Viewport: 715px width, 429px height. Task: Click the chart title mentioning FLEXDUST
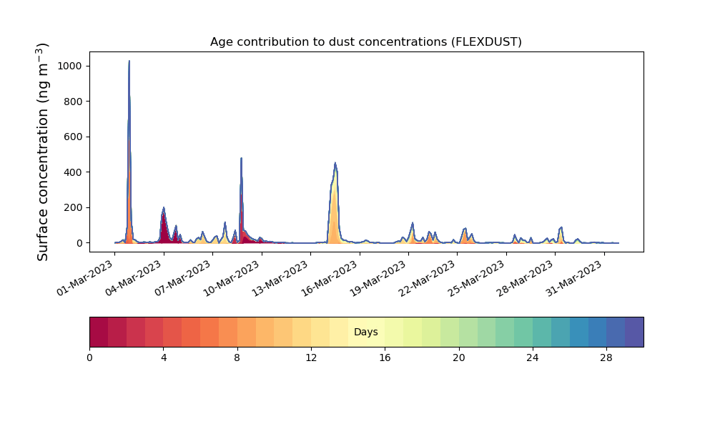365,41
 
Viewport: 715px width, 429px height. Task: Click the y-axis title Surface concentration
43,152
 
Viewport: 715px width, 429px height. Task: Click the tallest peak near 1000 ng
129,61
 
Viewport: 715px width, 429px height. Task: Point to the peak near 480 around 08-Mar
241,159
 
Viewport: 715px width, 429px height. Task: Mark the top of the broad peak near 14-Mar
335,164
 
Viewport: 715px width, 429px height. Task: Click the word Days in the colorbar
365,332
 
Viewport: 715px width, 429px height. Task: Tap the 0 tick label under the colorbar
89,357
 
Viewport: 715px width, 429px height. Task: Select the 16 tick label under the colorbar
385,357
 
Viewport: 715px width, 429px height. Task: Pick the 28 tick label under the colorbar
606,357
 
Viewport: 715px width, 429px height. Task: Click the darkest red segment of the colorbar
99,332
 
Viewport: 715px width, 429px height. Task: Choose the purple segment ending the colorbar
634,332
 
